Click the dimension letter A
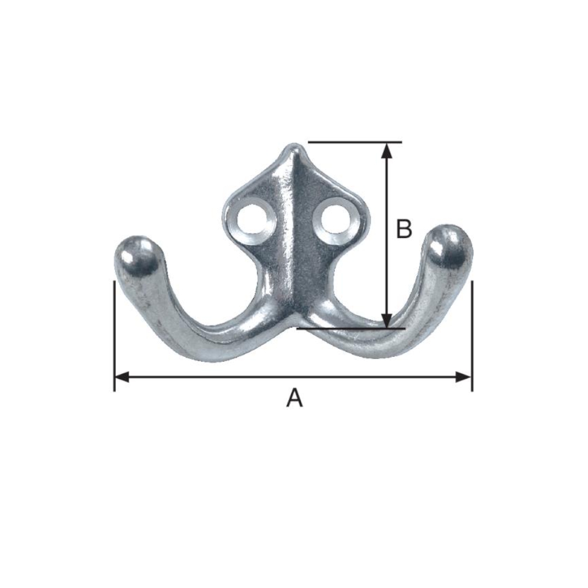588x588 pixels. [x=295, y=397]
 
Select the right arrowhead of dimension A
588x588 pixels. [x=463, y=377]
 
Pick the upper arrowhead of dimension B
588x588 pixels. [x=387, y=150]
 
